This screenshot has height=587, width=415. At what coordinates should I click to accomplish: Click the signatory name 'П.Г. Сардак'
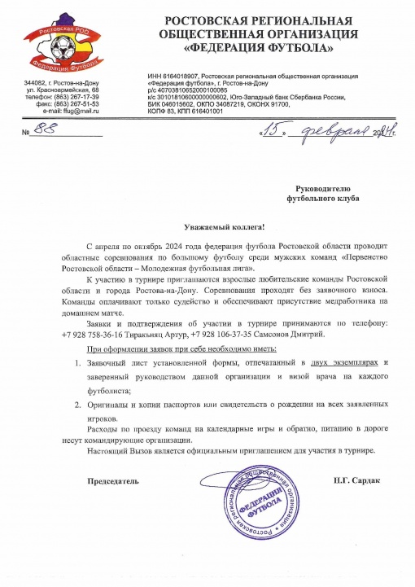coord(356,480)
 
